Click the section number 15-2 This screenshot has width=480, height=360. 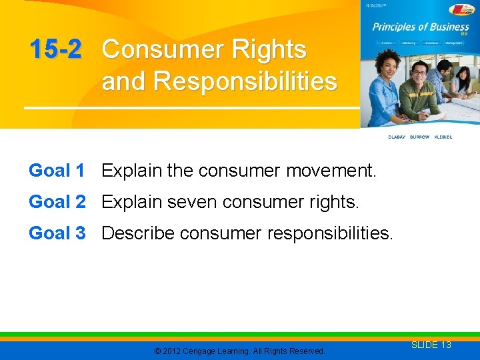pos(55,49)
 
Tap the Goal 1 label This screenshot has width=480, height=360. pos(57,171)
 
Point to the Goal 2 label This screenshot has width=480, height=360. pos(57,202)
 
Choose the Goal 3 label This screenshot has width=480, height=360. pos(57,233)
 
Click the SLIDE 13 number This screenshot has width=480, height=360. pos(431,345)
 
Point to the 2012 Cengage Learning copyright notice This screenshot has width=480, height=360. pos(239,351)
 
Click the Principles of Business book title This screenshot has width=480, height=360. pos(420,27)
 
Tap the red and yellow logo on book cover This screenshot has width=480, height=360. pos(461,9)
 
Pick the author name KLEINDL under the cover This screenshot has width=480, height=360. pos(443,137)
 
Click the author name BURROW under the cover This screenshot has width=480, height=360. pos(420,137)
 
